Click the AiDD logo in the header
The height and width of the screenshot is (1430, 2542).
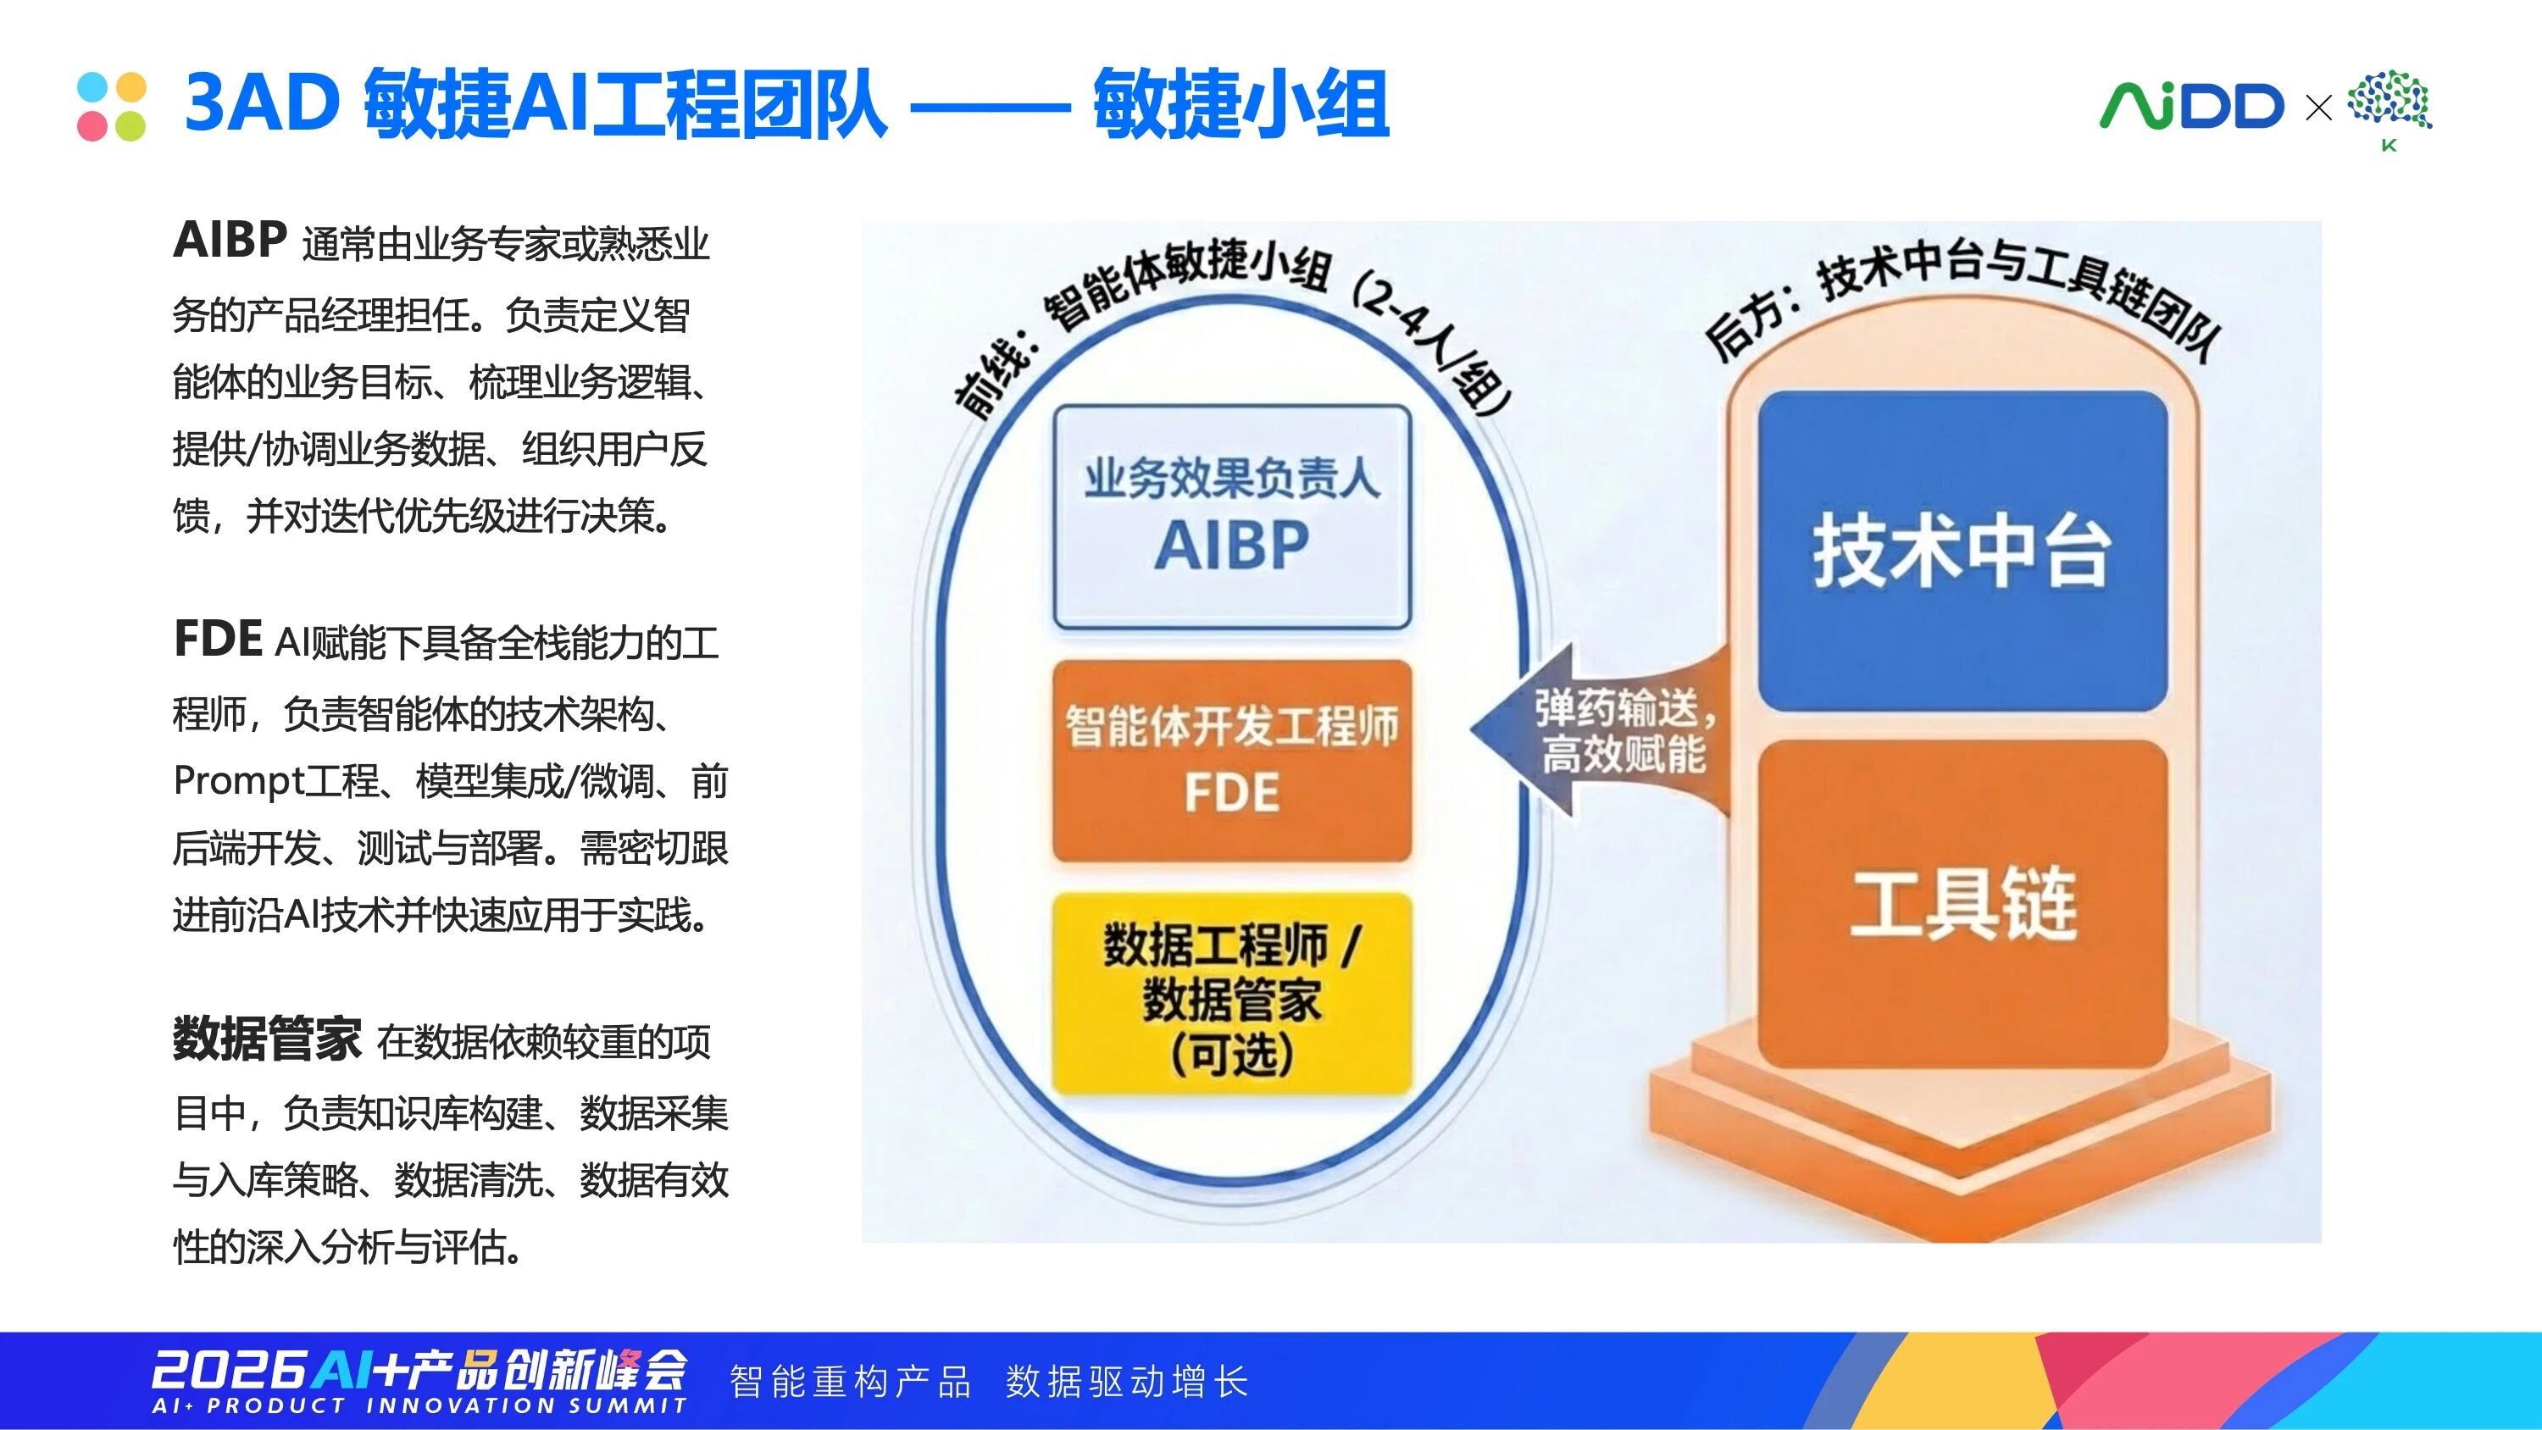pos(2190,106)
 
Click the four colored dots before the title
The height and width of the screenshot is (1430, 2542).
pos(112,107)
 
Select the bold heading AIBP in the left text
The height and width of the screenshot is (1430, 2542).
pos(230,240)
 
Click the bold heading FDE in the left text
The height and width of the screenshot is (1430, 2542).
pos(217,639)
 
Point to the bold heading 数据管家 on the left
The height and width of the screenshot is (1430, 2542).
pos(268,1039)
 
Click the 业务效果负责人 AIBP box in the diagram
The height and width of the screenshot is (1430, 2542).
pos(1231,516)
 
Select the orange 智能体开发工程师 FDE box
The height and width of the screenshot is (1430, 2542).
pos(1231,761)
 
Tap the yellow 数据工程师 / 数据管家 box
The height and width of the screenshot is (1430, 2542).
pos(1231,994)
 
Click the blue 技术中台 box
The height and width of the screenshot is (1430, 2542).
pos(1962,550)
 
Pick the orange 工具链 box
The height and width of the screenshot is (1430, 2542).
pos(1962,903)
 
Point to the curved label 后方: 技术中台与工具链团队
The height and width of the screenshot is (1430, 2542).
pos(1964,296)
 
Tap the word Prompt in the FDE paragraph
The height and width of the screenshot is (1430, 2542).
pos(238,783)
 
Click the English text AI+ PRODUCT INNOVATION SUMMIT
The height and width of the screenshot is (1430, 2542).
pos(419,1405)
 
